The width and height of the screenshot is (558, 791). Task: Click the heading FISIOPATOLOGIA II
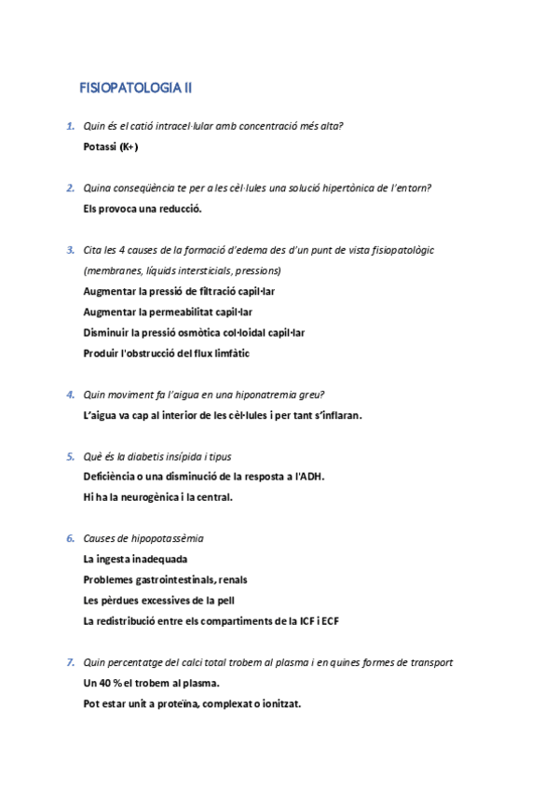[136, 89]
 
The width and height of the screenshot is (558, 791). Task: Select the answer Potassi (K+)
[111, 146]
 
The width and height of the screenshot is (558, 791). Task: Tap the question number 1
[70, 126]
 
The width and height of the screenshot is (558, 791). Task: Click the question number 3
[70, 250]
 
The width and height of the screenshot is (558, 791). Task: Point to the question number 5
[70, 456]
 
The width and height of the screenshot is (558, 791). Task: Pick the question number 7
[70, 662]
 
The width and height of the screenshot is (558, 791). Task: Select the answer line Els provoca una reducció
[143, 208]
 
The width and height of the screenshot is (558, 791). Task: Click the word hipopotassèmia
[169, 538]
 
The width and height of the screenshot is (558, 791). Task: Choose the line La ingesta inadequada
[135, 559]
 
